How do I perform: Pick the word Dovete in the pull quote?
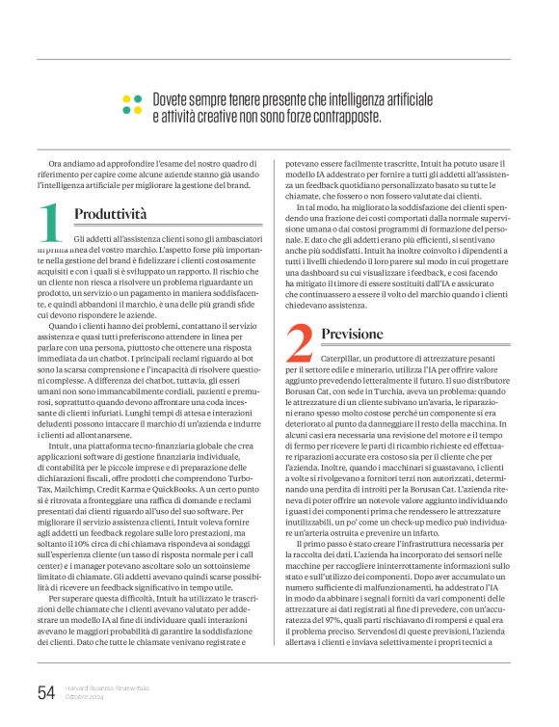point(173,100)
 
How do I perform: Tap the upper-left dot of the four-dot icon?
point(127,99)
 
